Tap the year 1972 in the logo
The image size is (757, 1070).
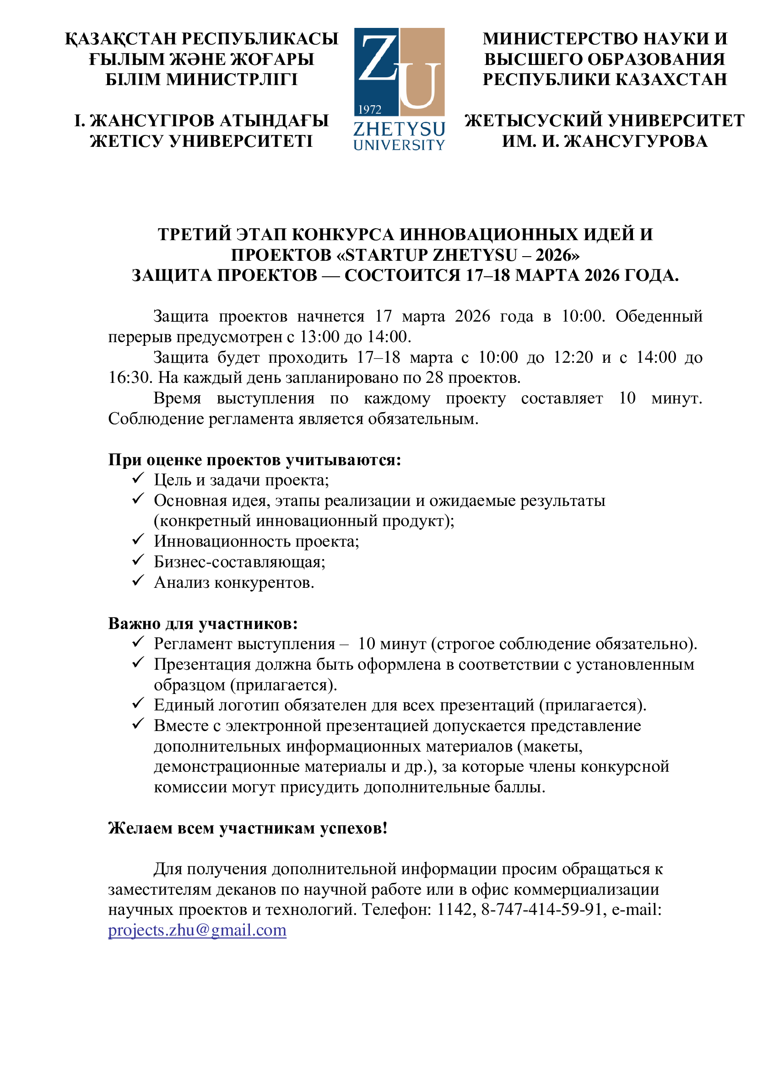coord(370,109)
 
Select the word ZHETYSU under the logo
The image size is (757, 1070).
coord(399,129)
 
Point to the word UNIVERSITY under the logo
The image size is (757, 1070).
coord(399,145)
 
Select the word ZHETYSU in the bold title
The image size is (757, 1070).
coord(475,255)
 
